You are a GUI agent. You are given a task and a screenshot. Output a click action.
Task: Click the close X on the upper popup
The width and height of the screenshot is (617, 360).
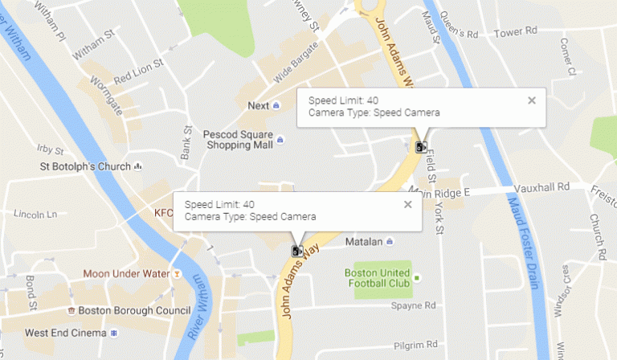(531, 100)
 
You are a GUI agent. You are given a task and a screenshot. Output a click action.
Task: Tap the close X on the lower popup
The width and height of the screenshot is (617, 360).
(408, 204)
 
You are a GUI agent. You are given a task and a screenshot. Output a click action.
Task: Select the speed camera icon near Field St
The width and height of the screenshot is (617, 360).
(420, 146)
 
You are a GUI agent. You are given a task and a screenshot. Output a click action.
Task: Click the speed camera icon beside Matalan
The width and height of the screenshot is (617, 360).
(297, 251)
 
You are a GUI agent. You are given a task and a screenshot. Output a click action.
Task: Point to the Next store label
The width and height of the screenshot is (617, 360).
(259, 105)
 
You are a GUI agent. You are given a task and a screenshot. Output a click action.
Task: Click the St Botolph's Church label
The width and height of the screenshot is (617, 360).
(85, 166)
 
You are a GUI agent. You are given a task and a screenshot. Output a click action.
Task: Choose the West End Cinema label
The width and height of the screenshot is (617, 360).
(65, 333)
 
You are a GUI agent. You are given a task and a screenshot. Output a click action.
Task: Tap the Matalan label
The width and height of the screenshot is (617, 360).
(362, 242)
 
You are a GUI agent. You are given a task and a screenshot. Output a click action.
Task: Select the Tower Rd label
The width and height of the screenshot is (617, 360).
(516, 32)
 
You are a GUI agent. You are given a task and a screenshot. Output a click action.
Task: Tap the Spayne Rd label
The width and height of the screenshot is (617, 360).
(413, 306)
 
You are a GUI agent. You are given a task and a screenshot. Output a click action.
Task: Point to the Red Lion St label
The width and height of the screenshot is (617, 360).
(138, 69)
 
